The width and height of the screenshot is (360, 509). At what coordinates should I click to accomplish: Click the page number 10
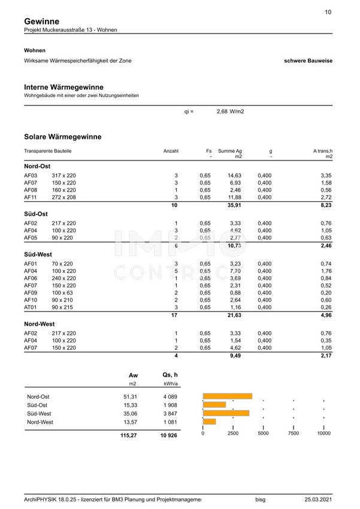[328, 12]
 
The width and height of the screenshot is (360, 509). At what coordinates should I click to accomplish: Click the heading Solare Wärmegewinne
[63, 137]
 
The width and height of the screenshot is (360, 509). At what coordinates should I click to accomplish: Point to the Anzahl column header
[171, 151]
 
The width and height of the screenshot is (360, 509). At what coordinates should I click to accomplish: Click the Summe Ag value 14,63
[234, 175]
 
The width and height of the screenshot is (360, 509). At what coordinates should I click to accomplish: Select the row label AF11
[31, 196]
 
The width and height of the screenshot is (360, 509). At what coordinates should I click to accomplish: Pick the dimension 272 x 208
[64, 196]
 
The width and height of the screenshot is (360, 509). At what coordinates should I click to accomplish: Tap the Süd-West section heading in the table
[36, 254]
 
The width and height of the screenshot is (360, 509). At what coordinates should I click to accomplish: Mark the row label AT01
[31, 307]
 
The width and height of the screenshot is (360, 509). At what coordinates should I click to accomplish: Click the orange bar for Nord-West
[209, 422]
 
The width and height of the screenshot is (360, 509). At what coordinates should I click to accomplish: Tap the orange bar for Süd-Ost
[214, 404]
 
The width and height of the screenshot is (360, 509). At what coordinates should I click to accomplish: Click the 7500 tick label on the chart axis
[294, 433]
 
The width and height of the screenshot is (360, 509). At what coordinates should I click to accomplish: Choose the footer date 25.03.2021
[317, 498]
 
